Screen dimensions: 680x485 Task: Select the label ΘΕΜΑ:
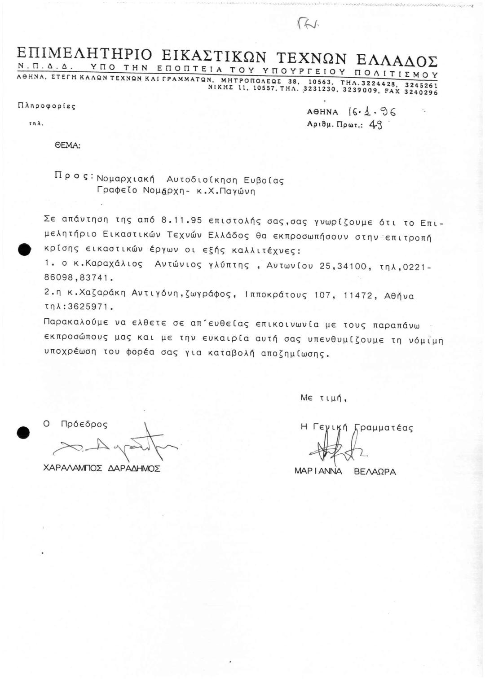pyautogui.click(x=71, y=145)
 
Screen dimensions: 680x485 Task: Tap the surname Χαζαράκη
pyautogui.click(x=103, y=296)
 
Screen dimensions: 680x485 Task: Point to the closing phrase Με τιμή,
pyautogui.click(x=324, y=397)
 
